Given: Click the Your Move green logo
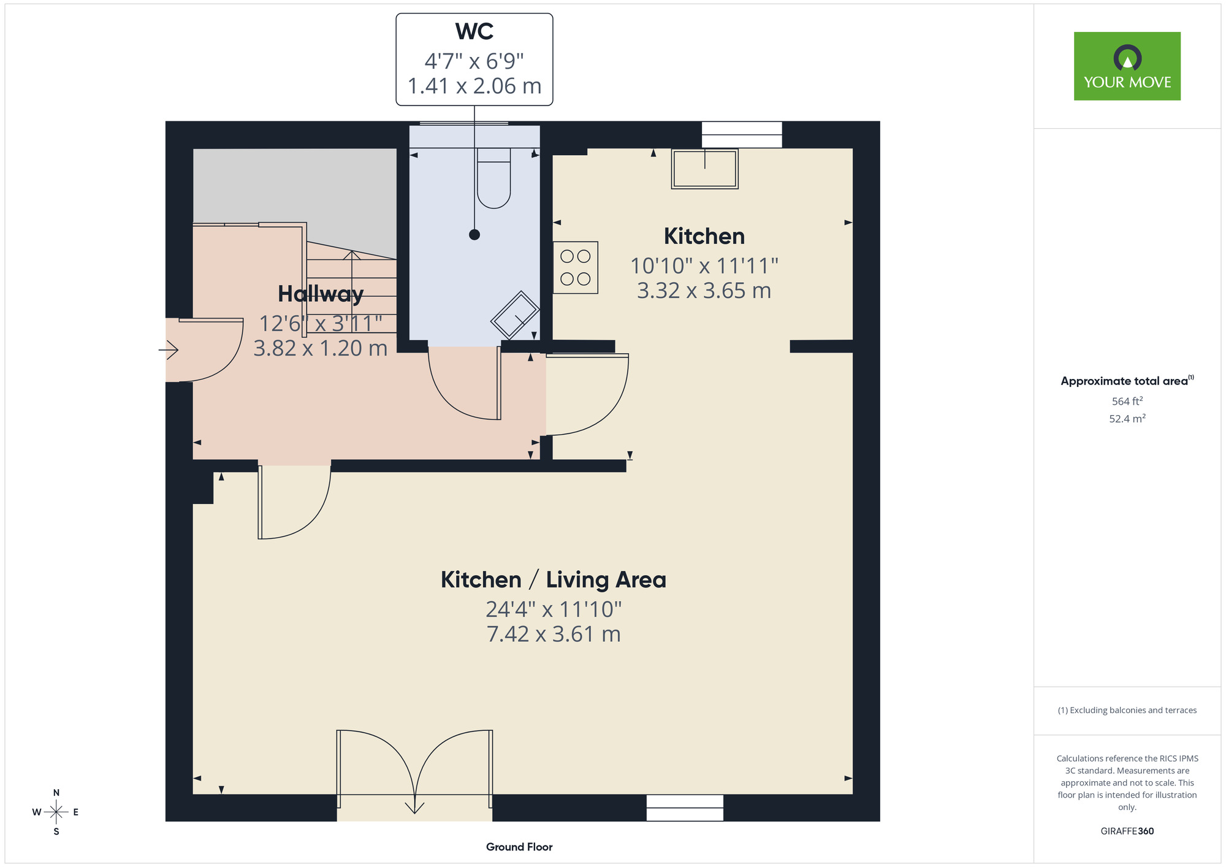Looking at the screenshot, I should coord(1127,66).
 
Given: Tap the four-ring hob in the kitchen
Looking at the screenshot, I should coord(576,267).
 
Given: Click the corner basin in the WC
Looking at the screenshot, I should coord(516,315).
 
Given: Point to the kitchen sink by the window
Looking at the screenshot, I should coord(704,169).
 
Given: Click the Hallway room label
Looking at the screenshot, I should coord(321,294).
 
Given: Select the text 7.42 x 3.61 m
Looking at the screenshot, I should coord(554,634).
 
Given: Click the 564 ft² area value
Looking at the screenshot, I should coord(1127,401).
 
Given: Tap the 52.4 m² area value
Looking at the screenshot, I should coord(1127,419).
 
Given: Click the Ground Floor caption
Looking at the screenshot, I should coord(519,847).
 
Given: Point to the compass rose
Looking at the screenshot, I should coord(56,812).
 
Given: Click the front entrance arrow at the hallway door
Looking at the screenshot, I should coord(169,350).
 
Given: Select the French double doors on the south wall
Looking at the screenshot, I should coord(415,766).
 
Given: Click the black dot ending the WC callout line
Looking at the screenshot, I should coord(474,235).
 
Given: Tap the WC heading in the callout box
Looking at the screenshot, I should coord(474,31).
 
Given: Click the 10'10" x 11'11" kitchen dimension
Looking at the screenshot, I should coord(704,266).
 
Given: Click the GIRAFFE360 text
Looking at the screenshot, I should coord(1127,831).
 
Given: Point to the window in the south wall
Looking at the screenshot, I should coord(685,808).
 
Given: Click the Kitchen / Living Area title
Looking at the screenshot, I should coord(554,580).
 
